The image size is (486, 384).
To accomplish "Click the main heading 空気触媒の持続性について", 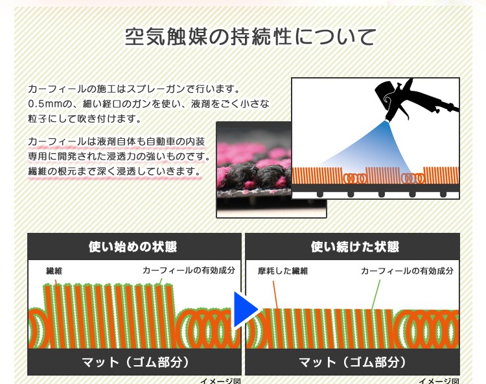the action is click(x=250, y=37).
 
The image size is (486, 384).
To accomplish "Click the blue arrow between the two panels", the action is click(x=246, y=309).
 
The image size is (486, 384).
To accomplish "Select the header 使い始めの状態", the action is click(x=133, y=247).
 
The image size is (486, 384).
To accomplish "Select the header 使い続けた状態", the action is click(x=355, y=247).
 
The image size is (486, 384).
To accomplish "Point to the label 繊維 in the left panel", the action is click(x=54, y=270).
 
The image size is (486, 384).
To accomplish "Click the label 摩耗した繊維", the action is click(x=283, y=270).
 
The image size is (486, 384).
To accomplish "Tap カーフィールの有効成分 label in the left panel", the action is click(x=189, y=270).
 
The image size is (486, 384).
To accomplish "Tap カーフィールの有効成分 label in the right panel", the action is click(x=408, y=270).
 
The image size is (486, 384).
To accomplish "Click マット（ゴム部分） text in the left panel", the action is click(x=135, y=362).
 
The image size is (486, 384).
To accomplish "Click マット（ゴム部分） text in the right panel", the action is click(x=352, y=362).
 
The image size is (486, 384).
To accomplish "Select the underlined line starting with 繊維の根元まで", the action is click(x=115, y=171).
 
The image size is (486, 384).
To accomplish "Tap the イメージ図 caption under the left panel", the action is click(x=220, y=381).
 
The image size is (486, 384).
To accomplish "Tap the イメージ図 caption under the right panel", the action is click(x=439, y=381).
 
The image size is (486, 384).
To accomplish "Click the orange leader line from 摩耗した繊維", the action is click(x=275, y=295).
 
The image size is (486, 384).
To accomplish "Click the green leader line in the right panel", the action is click(x=376, y=294).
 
